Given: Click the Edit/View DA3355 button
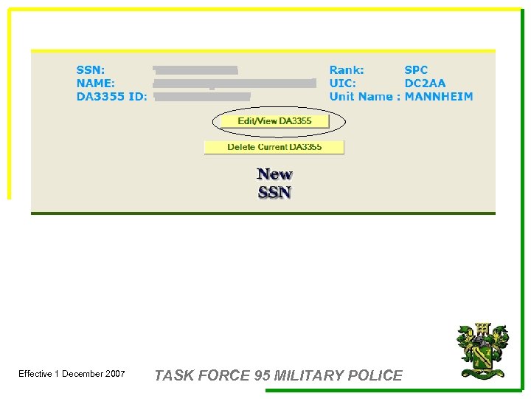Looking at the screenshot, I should point(274,121).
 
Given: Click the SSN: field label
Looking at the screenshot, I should point(91,70).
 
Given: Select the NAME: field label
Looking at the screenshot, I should point(95,83).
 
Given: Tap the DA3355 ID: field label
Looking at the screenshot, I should point(112,97).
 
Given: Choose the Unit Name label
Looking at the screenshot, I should point(361,97).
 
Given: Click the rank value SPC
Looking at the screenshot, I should point(416,70).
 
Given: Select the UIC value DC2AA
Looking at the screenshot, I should point(425,83).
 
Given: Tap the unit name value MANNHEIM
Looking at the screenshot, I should point(439,97).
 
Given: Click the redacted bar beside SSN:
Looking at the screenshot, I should point(195,70).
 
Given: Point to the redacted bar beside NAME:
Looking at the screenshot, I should point(235,83).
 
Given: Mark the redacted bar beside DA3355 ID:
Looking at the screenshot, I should point(202,96).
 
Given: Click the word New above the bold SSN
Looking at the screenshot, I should point(274,174).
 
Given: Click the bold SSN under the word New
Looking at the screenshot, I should point(274,193).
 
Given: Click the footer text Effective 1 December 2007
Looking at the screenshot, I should point(72,374).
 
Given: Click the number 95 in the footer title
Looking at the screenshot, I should point(262,375).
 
